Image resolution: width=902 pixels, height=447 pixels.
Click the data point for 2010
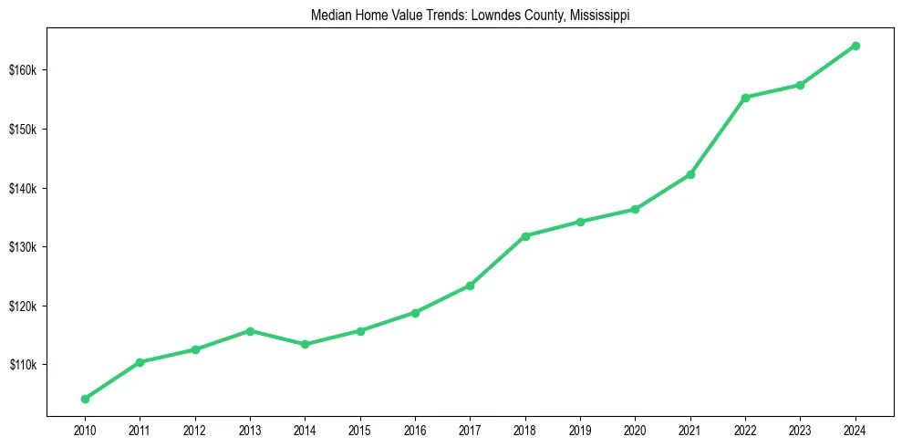point(85,399)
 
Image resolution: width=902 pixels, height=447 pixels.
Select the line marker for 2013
point(250,330)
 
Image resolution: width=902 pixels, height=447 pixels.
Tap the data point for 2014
point(305,344)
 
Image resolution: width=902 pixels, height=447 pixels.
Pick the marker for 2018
point(525,235)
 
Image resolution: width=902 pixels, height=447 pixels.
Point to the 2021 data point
point(690,174)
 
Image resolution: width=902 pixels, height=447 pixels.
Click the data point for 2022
point(745,98)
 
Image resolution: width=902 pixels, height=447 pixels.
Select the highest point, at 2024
point(855,46)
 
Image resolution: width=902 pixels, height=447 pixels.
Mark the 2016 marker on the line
point(415,312)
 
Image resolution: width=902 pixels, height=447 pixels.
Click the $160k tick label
point(22,70)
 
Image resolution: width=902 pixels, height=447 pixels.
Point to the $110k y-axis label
point(22,365)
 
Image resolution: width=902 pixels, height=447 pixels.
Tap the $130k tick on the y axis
point(22,247)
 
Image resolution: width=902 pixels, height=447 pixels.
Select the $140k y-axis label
point(22,188)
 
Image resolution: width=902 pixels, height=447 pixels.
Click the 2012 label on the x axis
point(194,428)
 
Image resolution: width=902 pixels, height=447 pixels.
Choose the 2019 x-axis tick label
point(580,428)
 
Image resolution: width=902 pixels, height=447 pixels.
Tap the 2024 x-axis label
point(855,428)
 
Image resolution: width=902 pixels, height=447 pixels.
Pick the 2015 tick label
point(359,428)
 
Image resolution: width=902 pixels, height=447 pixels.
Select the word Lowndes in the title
point(488,16)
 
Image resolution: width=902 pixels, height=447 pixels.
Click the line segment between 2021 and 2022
point(718,136)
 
